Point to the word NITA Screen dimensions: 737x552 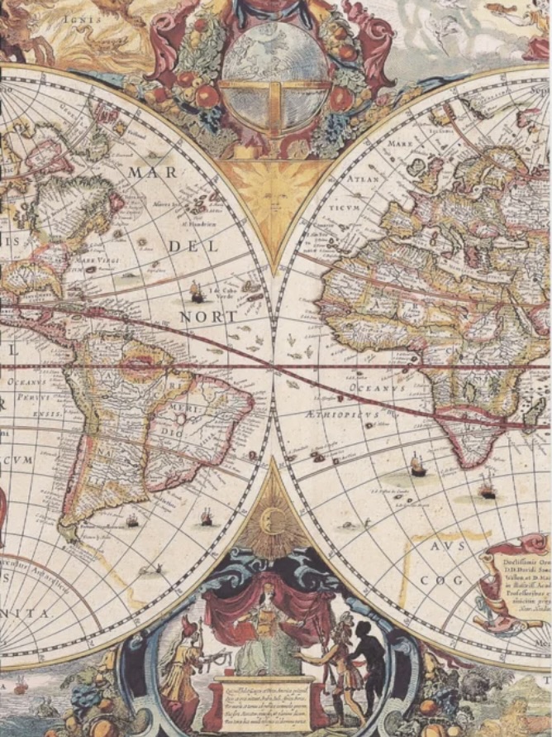click(x=30, y=613)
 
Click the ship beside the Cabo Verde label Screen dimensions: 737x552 click(x=197, y=292)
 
